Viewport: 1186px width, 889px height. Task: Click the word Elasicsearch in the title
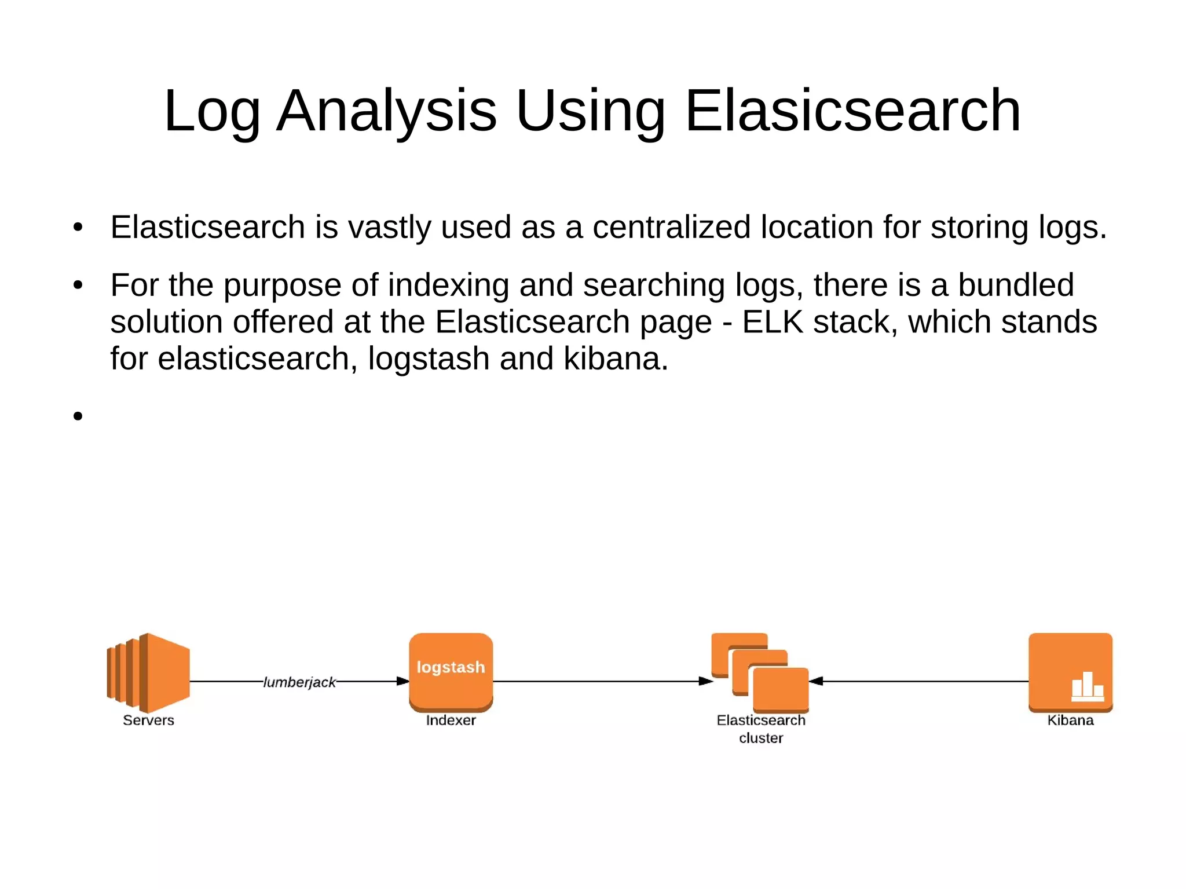[x=852, y=111]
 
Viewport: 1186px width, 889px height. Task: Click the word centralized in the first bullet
[x=671, y=227]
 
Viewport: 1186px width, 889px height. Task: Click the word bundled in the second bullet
[x=1016, y=285]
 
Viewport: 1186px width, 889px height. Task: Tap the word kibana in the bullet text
[x=616, y=358]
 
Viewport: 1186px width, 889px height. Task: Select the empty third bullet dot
[x=78, y=416]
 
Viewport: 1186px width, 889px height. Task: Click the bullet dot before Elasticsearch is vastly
[x=78, y=228]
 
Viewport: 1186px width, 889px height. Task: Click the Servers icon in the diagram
[x=149, y=672]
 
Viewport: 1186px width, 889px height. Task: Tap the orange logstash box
[x=451, y=672]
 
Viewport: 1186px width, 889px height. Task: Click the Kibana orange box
[x=1070, y=672]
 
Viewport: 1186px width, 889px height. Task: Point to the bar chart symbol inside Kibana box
[x=1087, y=687]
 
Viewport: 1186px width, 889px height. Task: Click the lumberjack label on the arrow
[x=299, y=682]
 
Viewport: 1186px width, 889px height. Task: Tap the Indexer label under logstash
[x=451, y=720]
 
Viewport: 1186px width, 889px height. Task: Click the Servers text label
[x=148, y=720]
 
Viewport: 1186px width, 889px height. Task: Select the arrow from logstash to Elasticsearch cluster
[x=602, y=681]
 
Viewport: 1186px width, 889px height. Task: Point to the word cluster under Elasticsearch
[x=761, y=738]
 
